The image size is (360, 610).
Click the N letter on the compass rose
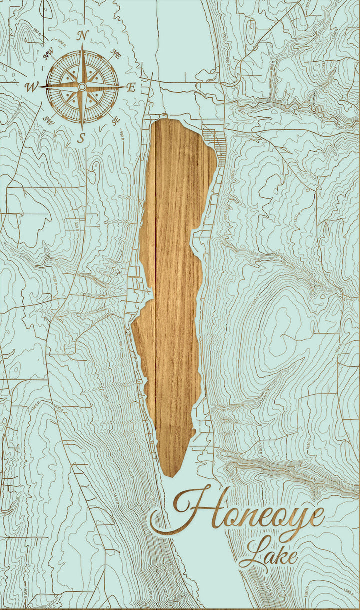[83, 35]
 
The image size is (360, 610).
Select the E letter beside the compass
[131, 87]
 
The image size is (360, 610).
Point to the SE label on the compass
[116, 120]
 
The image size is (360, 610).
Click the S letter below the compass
[81, 138]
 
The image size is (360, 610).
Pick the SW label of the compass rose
[49, 120]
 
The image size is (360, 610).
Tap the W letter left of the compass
[31, 87]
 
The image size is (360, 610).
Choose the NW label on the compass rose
[49, 55]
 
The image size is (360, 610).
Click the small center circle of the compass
[82, 87]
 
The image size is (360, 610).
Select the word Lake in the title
[268, 554]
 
